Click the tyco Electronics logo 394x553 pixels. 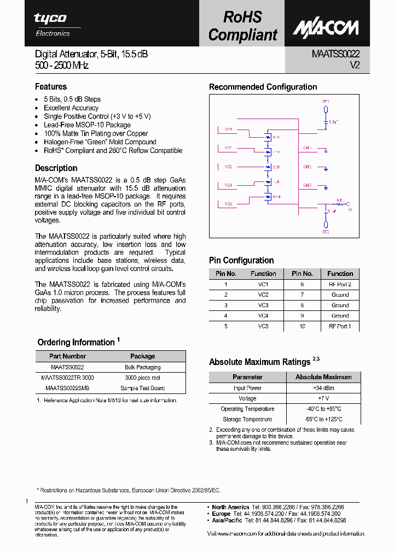(x=52, y=24)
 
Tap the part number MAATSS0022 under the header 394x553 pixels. (x=335, y=54)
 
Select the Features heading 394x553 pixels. (x=51, y=87)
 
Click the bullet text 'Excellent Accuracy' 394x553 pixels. (x=71, y=108)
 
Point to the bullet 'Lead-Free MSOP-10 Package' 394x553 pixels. (x=87, y=125)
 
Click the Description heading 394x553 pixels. (x=56, y=168)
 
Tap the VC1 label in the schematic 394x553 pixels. (x=228, y=130)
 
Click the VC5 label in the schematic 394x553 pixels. (x=228, y=204)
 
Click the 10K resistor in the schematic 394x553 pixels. (x=339, y=204)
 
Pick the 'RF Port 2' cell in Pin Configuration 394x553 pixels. (x=340, y=285)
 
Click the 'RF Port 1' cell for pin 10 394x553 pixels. (x=340, y=326)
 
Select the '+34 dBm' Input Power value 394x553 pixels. (x=323, y=388)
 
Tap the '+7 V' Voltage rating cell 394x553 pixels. (x=323, y=398)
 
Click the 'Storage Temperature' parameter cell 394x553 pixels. (x=247, y=419)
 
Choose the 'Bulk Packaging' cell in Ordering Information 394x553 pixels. (x=142, y=367)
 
